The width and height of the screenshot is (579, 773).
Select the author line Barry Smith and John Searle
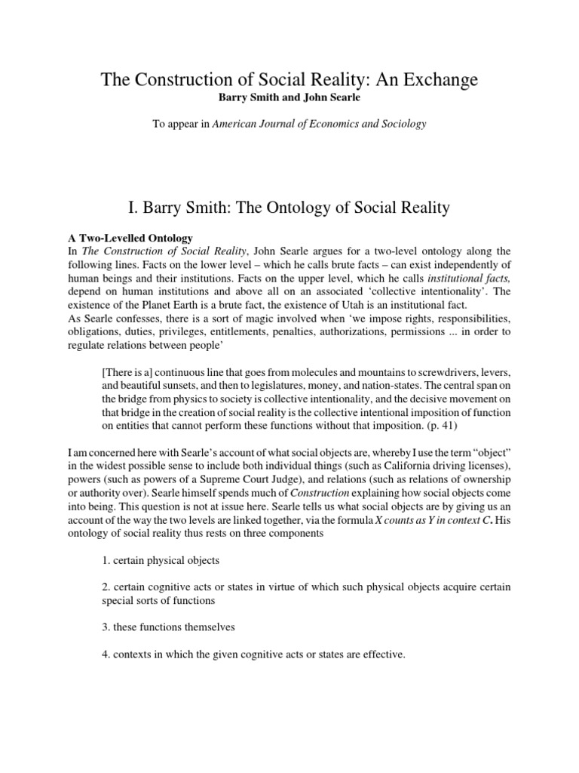(x=289, y=98)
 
